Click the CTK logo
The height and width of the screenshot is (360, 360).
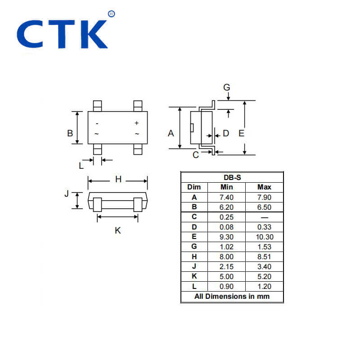pyautogui.click(x=63, y=34)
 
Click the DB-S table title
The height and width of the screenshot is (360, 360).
pyautogui.click(x=232, y=177)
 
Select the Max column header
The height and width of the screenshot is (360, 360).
pyautogui.click(x=264, y=187)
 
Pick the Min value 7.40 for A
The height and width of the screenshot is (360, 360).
pyautogui.click(x=226, y=197)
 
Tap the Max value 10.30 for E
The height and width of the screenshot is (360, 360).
pyautogui.click(x=264, y=237)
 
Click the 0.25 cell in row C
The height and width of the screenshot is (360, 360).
pyautogui.click(x=226, y=217)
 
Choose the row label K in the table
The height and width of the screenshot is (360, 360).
pyautogui.click(x=194, y=276)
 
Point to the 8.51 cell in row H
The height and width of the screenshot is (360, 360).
pyautogui.click(x=264, y=256)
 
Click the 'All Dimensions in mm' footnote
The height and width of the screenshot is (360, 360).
pyautogui.click(x=232, y=296)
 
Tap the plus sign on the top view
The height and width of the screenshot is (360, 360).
pyautogui.click(x=137, y=123)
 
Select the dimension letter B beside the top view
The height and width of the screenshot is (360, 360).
pyautogui.click(x=70, y=133)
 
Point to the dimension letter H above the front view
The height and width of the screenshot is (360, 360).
pyautogui.click(x=118, y=180)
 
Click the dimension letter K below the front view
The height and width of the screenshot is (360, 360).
pyautogui.click(x=118, y=230)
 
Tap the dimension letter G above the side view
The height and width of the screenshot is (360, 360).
pyautogui.click(x=227, y=87)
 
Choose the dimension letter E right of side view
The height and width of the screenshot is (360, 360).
pyautogui.click(x=241, y=133)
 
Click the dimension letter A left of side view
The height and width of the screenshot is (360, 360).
pyautogui.click(x=171, y=133)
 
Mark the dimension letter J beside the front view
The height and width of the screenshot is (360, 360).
pyautogui.click(x=67, y=194)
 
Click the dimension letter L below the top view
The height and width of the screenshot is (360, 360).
pyautogui.click(x=81, y=166)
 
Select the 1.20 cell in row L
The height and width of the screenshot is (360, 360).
pyautogui.click(x=264, y=286)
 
